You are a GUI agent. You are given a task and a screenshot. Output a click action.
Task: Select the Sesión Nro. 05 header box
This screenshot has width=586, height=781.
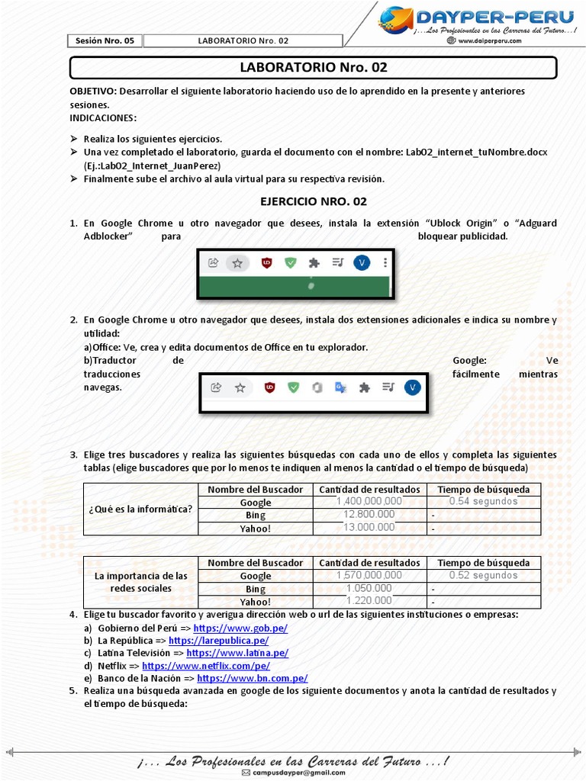tap(105, 40)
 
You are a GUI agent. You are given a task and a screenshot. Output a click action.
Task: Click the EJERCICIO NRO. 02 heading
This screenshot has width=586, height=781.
tap(314, 201)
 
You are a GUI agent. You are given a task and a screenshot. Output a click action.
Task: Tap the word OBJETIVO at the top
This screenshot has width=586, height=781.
tap(93, 91)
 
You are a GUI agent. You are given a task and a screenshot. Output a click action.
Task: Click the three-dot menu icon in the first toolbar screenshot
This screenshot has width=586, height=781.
tap(385, 262)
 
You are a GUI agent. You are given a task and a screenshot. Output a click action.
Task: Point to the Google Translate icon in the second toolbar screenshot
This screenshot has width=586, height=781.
tap(340, 387)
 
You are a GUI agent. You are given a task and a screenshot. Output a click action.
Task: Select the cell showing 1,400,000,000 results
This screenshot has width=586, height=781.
tap(369, 501)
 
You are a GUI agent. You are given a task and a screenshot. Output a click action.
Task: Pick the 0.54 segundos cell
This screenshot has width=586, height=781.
tap(483, 501)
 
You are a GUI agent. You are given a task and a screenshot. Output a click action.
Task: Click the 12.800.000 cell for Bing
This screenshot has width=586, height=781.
tap(369, 515)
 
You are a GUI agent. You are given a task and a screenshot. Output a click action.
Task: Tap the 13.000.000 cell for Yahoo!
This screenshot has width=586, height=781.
tap(369, 528)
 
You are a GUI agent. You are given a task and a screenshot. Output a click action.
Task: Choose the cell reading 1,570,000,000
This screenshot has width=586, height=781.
tap(369, 575)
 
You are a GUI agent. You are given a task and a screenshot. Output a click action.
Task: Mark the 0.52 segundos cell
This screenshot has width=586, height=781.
tap(483, 575)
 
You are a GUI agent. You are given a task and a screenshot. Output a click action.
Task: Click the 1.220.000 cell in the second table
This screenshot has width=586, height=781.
tap(369, 602)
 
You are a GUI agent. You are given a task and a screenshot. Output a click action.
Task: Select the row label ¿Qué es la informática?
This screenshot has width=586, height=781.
tap(140, 509)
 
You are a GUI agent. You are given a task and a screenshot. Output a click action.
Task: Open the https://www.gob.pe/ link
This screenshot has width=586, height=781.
tap(240, 628)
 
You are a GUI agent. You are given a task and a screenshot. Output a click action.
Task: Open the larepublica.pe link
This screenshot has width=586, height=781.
tap(218, 641)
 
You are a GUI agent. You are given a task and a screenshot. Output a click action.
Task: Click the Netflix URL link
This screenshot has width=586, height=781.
tap(206, 665)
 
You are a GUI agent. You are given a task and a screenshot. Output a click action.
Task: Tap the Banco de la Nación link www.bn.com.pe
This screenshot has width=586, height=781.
tap(252, 677)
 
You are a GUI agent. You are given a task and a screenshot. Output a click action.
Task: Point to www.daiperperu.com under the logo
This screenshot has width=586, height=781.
tap(489, 41)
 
